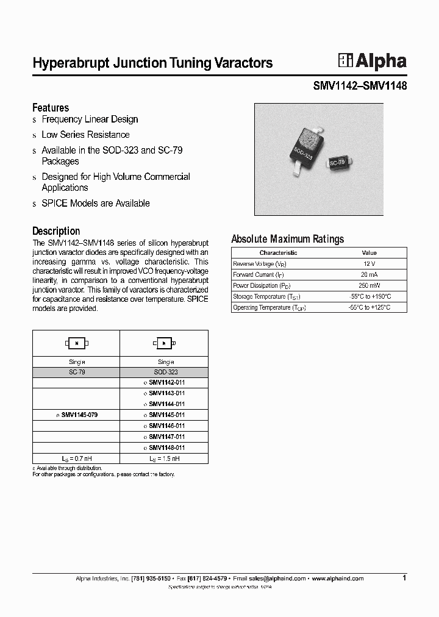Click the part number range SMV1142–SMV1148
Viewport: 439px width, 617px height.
(x=360, y=86)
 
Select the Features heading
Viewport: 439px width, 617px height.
(x=51, y=107)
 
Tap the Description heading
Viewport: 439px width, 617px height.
(x=56, y=231)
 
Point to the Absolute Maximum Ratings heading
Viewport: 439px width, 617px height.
(x=288, y=239)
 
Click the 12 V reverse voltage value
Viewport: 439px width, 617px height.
(x=369, y=263)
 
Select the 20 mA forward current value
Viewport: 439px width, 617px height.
(x=369, y=274)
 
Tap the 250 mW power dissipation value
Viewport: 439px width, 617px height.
(x=369, y=285)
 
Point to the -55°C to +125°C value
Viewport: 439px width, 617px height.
(x=369, y=307)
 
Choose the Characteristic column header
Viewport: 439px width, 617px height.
(x=278, y=252)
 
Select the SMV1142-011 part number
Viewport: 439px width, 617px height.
(x=166, y=382)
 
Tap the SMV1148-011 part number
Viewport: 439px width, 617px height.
(x=166, y=448)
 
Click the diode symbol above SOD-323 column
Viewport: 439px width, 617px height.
(x=164, y=343)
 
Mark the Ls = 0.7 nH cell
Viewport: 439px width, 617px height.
(x=76, y=458)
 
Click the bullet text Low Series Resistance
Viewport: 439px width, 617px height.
(x=85, y=135)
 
